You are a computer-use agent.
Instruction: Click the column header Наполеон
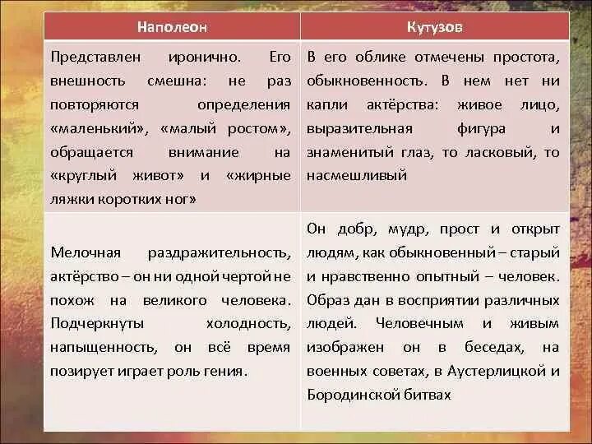point(172,27)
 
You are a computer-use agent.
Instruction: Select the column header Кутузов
point(434,27)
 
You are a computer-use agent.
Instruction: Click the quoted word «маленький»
point(98,129)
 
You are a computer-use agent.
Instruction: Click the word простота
point(526,58)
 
